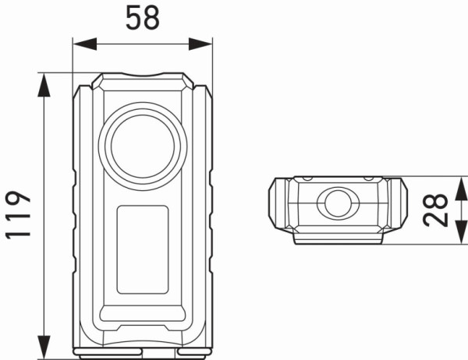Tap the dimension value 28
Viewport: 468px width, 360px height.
click(x=438, y=210)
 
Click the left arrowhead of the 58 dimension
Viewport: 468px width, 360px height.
click(x=79, y=43)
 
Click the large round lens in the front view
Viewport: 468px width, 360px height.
click(x=143, y=145)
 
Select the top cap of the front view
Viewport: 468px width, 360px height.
click(x=142, y=81)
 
